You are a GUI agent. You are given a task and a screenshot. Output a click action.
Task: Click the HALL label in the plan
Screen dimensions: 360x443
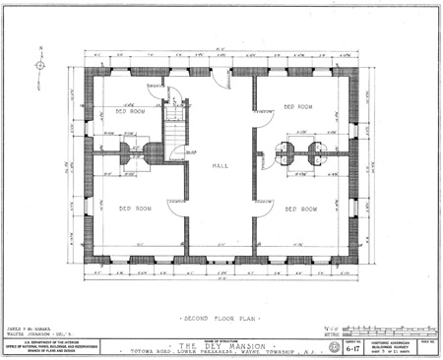(x=221, y=166)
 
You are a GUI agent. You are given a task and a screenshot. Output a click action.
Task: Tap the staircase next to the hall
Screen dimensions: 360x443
(x=174, y=127)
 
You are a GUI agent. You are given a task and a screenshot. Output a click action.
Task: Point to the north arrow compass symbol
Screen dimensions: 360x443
(x=40, y=66)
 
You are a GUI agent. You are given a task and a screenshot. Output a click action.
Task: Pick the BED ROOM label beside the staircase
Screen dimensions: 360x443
(x=130, y=112)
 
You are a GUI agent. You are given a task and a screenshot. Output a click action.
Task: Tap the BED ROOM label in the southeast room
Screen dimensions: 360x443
(x=300, y=209)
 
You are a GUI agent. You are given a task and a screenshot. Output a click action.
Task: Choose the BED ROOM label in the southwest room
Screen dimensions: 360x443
(x=136, y=209)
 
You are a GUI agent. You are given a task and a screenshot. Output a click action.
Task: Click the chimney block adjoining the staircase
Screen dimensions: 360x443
(x=153, y=154)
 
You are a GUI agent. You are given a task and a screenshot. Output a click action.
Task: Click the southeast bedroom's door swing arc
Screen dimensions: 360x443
(x=264, y=207)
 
